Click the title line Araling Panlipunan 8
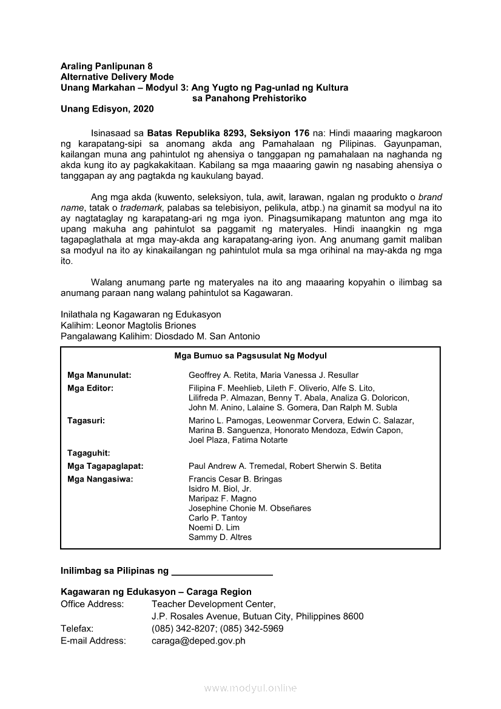[107, 66]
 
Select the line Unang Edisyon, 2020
[107, 109]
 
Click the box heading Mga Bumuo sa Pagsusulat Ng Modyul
[250, 356]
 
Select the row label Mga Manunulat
[99, 375]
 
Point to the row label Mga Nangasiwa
[100, 479]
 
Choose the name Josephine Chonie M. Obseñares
[250, 508]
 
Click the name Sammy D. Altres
[220, 537]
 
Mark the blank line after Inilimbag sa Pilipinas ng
[222, 572]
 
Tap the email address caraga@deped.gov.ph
[198, 640]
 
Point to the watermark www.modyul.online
[250, 688]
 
